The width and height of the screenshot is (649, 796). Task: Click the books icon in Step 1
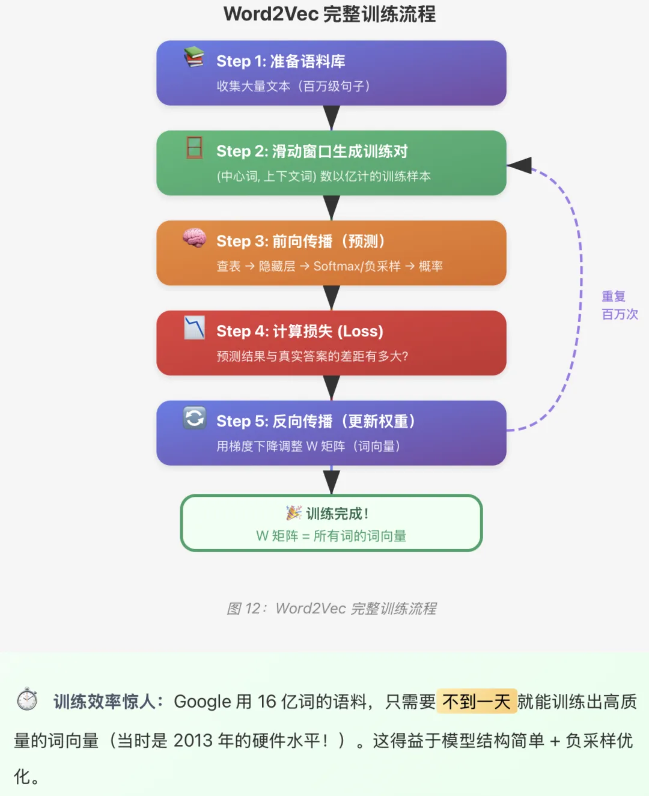pyautogui.click(x=194, y=57)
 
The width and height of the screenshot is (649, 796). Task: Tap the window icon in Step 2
pyautogui.click(x=194, y=147)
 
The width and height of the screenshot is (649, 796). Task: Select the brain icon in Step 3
pyautogui.click(x=194, y=238)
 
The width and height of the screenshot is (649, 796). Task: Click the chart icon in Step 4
pyautogui.click(x=194, y=327)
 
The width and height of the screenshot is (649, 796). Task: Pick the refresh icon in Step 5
pyautogui.click(x=194, y=418)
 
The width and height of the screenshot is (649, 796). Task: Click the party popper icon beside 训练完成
pyautogui.click(x=293, y=513)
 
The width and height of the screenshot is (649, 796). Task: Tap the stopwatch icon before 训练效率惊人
pyautogui.click(x=27, y=699)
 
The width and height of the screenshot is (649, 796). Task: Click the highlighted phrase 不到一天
pyautogui.click(x=477, y=701)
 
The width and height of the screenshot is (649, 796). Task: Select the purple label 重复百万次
pyautogui.click(x=619, y=305)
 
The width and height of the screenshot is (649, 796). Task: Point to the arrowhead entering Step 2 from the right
pyautogui.click(x=520, y=165)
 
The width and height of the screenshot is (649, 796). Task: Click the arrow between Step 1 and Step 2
pyautogui.click(x=331, y=118)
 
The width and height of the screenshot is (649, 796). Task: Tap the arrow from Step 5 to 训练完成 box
pyautogui.click(x=331, y=481)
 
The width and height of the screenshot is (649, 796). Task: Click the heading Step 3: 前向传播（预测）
pyautogui.click(x=301, y=241)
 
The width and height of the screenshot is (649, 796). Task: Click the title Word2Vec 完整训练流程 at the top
pyautogui.click(x=329, y=14)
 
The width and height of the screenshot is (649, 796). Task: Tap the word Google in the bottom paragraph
pyautogui.click(x=203, y=702)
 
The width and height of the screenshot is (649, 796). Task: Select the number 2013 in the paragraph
pyautogui.click(x=193, y=741)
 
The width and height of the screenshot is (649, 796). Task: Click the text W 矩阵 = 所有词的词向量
pyautogui.click(x=331, y=536)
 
